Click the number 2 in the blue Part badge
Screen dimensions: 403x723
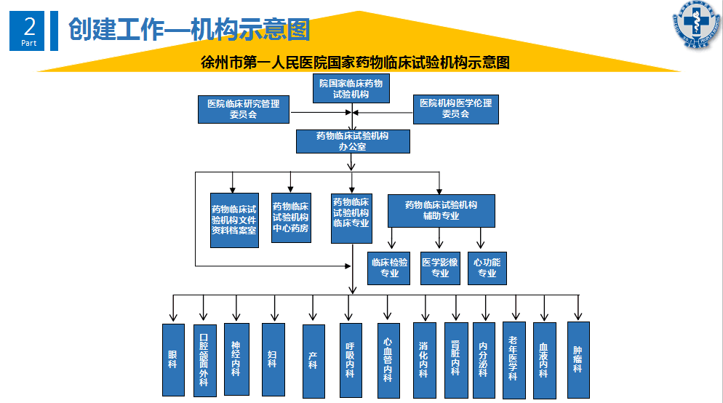pyautogui.click(x=30, y=28)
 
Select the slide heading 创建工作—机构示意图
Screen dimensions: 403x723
pyautogui.click(x=189, y=30)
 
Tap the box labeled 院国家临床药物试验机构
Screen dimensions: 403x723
pyautogui.click(x=351, y=89)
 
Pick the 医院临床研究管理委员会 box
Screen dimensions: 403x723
pyautogui.click(x=244, y=109)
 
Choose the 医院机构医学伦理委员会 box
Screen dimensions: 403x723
pyautogui.click(x=456, y=109)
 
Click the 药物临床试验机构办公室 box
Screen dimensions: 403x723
pyautogui.click(x=352, y=141)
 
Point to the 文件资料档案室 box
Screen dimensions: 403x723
pyautogui.click(x=234, y=220)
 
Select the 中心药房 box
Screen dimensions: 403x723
pyautogui.click(x=291, y=217)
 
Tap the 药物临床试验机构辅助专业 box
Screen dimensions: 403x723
pyautogui.click(x=442, y=210)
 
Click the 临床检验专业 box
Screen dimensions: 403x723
pyautogui.click(x=389, y=268)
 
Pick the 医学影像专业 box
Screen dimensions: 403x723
pyautogui.click(x=440, y=268)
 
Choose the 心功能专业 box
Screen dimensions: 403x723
pyautogui.click(x=487, y=268)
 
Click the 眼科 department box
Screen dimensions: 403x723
pyautogui.click(x=172, y=359)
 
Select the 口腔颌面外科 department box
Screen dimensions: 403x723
pyautogui.click(x=204, y=359)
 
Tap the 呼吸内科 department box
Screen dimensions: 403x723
pyautogui.click(x=350, y=359)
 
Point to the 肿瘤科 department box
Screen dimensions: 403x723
pyautogui.click(x=578, y=359)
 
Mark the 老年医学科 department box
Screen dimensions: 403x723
pyautogui.click(x=514, y=359)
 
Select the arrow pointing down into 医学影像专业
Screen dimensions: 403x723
pyautogui.click(x=439, y=239)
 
